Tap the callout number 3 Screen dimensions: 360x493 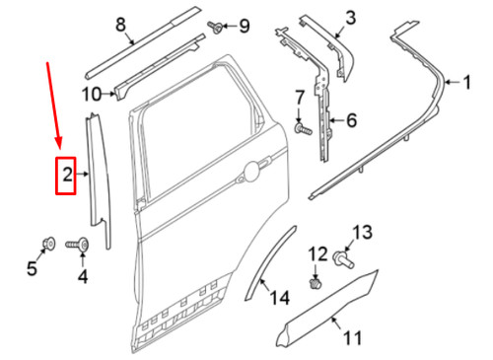[348, 16]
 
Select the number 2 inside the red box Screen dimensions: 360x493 [67, 177]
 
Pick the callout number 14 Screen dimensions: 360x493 [280, 297]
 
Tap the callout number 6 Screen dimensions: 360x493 [352, 122]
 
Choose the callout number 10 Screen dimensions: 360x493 [91, 95]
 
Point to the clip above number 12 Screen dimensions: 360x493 [316, 283]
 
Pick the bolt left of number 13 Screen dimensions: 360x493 [344, 259]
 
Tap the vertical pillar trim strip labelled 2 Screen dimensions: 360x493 [99, 178]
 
